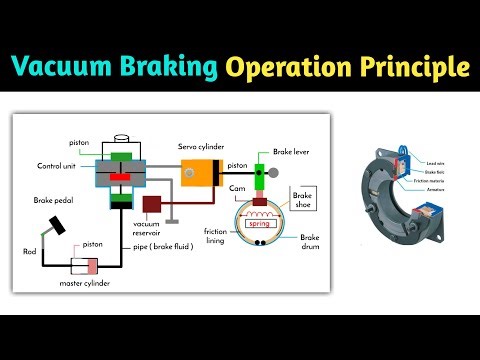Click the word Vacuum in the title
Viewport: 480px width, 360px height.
click(x=60, y=68)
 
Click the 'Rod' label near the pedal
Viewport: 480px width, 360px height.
click(x=31, y=251)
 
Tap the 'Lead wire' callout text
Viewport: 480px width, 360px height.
click(x=436, y=162)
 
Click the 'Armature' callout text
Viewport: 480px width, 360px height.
click(x=436, y=187)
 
